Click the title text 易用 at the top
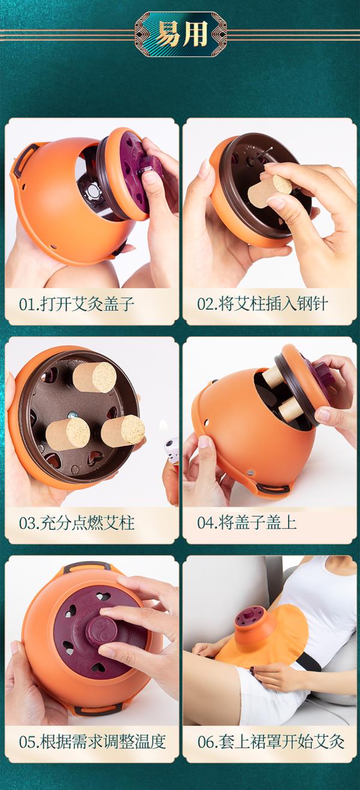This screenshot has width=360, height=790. coord(181,34)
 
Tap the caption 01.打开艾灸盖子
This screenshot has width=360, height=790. coord(77,304)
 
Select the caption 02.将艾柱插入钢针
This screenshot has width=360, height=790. coord(262,304)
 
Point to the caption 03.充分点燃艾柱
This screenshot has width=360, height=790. coord(77,523)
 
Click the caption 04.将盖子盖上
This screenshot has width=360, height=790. coord(247,523)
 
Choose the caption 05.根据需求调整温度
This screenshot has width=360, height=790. coord(92,742)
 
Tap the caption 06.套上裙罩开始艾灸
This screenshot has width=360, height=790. coord(271,742)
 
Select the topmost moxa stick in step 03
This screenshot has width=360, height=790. coord(94,378)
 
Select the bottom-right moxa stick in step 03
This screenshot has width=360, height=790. coord(123,431)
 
